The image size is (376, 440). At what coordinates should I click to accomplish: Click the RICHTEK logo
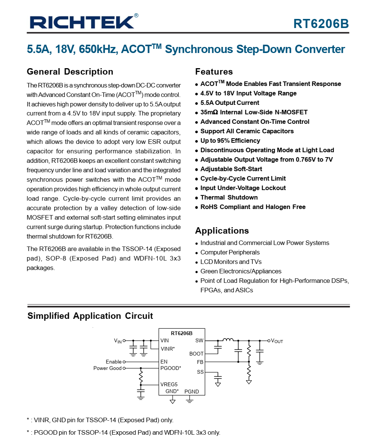tap(82, 22)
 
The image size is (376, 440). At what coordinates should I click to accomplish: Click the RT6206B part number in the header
tap(321, 24)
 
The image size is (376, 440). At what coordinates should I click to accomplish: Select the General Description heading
tap(70, 72)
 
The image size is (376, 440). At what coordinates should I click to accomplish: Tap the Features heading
tap(214, 72)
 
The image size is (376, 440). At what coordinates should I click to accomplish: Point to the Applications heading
tap(222, 231)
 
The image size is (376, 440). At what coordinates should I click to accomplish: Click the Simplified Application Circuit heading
tap(90, 316)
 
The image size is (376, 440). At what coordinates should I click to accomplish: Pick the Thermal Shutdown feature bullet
tap(229, 197)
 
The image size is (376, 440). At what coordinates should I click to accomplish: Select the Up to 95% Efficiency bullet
tap(230, 140)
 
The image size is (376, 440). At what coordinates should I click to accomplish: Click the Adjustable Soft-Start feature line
tap(231, 169)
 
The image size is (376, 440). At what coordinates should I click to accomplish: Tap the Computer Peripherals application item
tap(230, 252)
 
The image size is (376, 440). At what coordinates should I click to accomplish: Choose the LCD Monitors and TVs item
tap(231, 262)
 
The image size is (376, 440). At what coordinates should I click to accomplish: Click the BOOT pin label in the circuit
tap(196, 354)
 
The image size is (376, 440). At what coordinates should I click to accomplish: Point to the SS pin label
tap(200, 372)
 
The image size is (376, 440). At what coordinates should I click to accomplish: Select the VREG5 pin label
tap(169, 384)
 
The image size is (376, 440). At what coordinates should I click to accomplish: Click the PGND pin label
tap(192, 391)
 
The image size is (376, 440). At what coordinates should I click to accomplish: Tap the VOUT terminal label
tap(277, 341)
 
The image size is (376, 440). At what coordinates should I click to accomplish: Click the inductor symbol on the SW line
tap(228, 339)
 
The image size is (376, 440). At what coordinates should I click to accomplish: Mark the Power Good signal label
tap(107, 368)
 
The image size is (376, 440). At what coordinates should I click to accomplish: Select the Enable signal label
tap(113, 362)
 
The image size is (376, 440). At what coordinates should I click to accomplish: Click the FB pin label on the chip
tap(200, 362)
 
